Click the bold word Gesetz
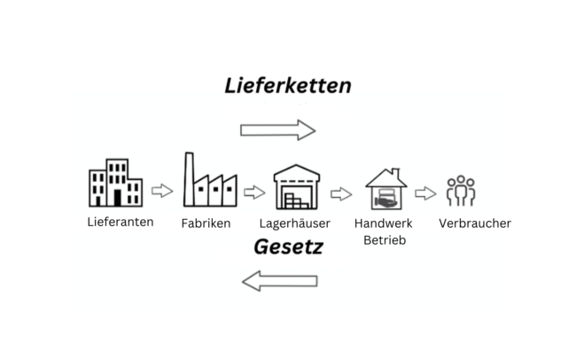[287, 247]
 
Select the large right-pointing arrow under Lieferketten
[277, 129]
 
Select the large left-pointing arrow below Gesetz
[279, 282]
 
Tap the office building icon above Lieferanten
[115, 183]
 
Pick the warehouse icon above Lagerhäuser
[296, 186]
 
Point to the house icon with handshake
[386, 189]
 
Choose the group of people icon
[461, 191]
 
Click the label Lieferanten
[121, 222]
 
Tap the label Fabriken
[206, 223]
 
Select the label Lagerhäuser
[295, 223]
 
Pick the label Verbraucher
[474, 223]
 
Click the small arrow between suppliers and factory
[162, 191]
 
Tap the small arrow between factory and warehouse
[254, 192]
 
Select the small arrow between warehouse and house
[341, 194]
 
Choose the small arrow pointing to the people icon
[425, 194]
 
